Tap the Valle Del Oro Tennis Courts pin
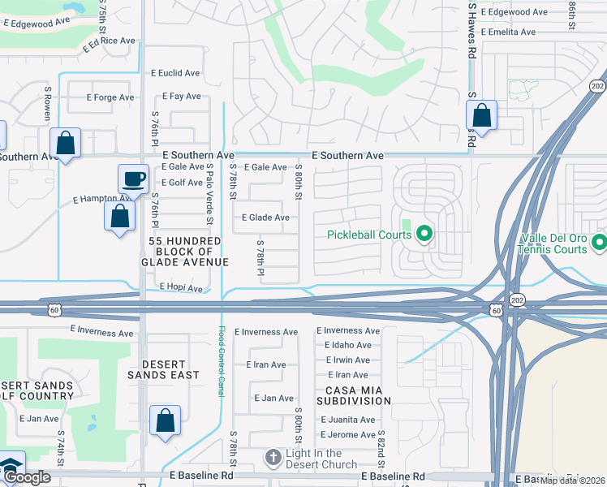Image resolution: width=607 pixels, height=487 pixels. (599, 241)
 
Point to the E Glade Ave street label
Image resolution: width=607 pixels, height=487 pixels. (265, 218)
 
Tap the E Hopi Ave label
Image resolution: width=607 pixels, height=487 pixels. (180, 287)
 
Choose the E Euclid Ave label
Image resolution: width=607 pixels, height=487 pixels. (175, 73)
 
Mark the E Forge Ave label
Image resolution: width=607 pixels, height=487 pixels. (110, 97)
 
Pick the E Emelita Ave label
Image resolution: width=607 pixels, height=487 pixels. (508, 32)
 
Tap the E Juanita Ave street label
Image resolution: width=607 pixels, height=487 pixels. (347, 420)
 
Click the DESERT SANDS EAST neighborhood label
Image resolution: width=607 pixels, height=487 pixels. (157, 370)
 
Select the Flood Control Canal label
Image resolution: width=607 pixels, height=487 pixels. (222, 361)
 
